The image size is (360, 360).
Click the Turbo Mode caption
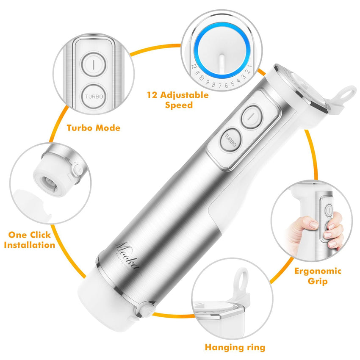(x=93, y=127)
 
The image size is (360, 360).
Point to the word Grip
(x=317, y=281)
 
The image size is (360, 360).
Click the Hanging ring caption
(x=235, y=347)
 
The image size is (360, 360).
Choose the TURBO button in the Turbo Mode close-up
(x=94, y=96)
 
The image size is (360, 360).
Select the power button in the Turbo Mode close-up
(x=94, y=65)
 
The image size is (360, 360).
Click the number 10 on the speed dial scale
(x=202, y=78)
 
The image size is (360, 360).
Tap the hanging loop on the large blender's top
(x=347, y=92)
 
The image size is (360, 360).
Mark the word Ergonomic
(x=318, y=271)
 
